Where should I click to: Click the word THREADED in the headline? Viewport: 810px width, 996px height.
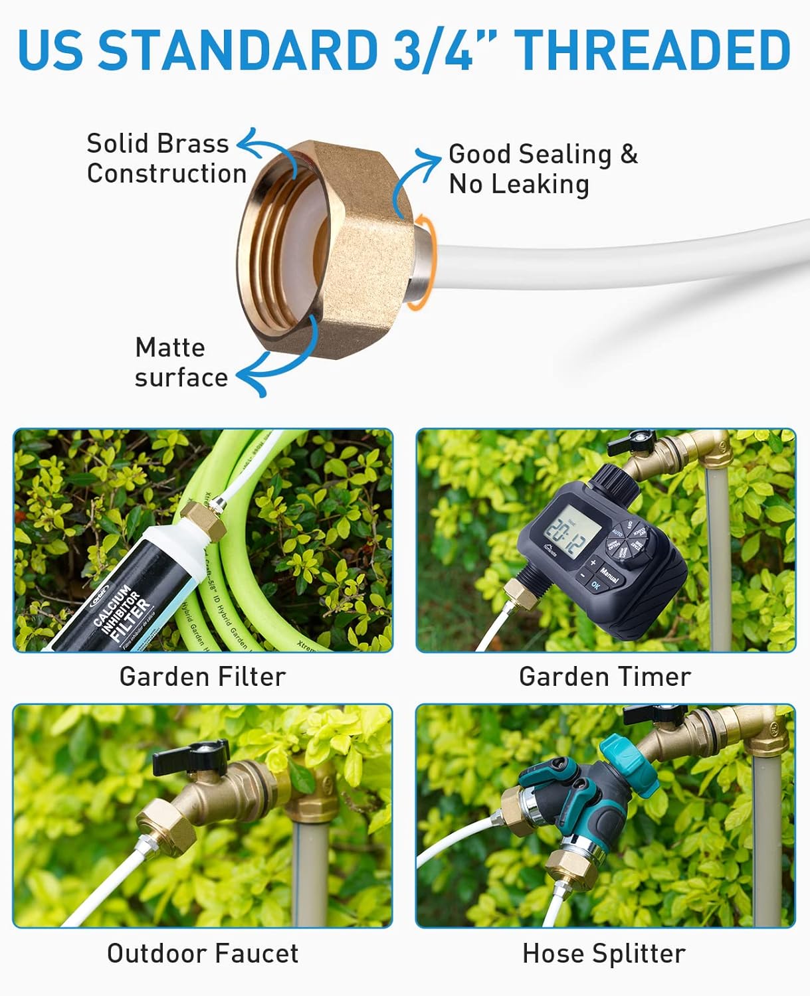coord(653,50)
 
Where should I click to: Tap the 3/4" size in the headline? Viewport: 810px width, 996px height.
coord(433,50)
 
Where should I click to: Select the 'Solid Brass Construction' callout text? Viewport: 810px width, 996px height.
coord(166,159)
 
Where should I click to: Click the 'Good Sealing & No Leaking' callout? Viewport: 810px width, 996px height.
coord(542,169)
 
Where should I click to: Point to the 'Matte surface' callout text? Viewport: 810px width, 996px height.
coord(181,363)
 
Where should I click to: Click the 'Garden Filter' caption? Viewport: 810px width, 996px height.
coord(203,677)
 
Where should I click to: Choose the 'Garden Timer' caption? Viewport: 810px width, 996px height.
coord(605,677)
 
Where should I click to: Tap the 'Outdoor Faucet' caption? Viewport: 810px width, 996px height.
coord(203,954)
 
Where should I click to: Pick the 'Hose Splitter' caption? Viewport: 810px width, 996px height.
coord(603,954)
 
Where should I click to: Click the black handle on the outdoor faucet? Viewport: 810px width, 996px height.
coord(191,756)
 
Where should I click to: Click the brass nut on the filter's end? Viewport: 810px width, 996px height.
coord(203,522)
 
